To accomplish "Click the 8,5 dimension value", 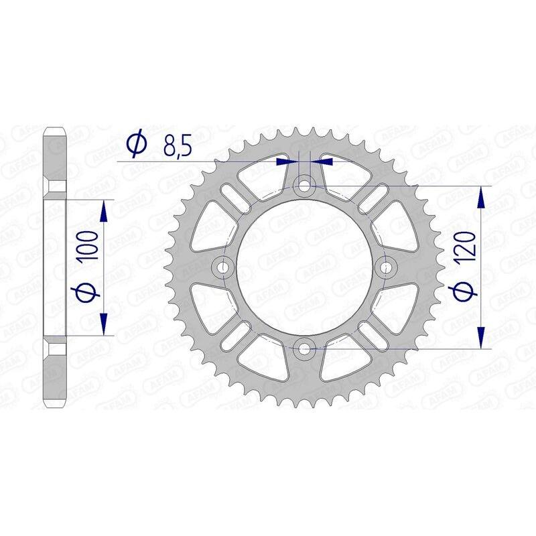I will [176, 145].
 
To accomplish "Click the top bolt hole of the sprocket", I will [306, 185].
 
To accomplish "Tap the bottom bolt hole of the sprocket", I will [306, 348].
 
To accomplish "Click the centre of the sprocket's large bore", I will [306, 267].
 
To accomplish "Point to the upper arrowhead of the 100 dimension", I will [104, 212].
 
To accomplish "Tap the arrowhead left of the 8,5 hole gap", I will [286, 161].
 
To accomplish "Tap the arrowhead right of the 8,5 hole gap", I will [325, 161].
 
